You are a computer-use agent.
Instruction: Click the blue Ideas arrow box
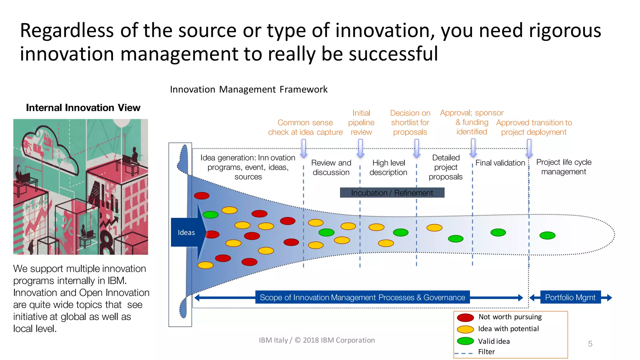click(186, 232)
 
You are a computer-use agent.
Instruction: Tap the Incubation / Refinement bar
click(392, 193)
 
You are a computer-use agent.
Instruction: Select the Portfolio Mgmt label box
click(570, 297)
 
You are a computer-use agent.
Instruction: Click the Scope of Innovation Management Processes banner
click(362, 297)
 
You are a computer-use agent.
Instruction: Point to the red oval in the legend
click(465, 317)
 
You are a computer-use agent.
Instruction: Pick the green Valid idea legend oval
click(465, 341)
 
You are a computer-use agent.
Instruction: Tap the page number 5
click(590, 344)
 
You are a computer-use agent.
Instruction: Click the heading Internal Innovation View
click(83, 108)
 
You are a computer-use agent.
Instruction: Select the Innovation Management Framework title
click(249, 90)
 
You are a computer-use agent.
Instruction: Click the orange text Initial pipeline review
click(361, 122)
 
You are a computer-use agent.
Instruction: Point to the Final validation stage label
click(500, 163)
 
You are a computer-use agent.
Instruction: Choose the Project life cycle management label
click(564, 167)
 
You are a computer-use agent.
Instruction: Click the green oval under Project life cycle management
click(547, 235)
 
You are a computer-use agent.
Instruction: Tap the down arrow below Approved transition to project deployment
click(529, 148)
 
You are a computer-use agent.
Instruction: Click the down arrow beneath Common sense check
click(303, 148)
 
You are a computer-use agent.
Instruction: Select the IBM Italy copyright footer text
click(317, 340)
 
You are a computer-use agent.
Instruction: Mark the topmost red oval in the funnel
click(202, 196)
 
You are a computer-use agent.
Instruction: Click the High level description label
click(388, 167)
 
